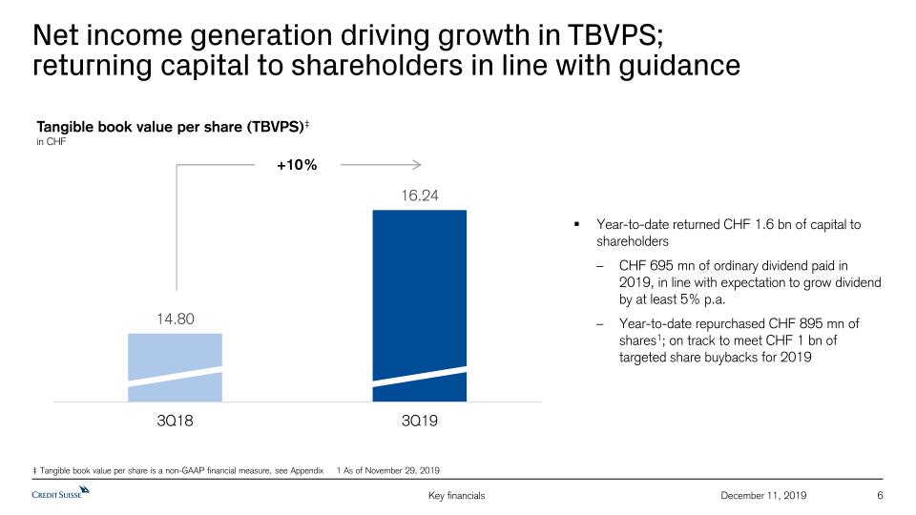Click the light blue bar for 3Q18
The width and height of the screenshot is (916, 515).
[175, 367]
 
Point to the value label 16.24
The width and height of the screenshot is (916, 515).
[419, 196]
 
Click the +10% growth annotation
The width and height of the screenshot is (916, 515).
[297, 165]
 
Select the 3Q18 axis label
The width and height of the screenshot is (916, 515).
[175, 420]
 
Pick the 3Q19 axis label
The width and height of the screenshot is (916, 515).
[419, 420]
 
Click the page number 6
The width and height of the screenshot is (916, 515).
[879, 495]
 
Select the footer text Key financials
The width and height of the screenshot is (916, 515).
[458, 495]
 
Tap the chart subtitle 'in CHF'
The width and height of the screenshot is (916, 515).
[51, 142]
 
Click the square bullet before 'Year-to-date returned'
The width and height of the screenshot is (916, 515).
[576, 225]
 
